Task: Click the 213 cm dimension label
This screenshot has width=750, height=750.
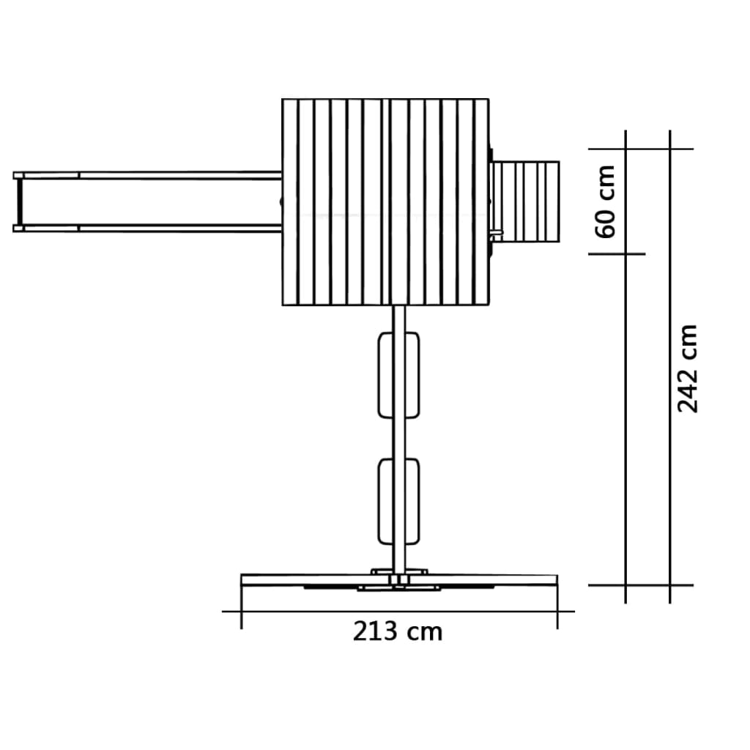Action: (x=398, y=631)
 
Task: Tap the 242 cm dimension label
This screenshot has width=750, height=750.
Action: (x=687, y=368)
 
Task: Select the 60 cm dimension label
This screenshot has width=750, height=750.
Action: (x=604, y=201)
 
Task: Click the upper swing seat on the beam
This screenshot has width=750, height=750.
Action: (x=398, y=376)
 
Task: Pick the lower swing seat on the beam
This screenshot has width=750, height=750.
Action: (x=398, y=502)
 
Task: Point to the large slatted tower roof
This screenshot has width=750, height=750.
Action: (x=385, y=202)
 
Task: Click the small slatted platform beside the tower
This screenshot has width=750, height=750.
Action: (x=525, y=202)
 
